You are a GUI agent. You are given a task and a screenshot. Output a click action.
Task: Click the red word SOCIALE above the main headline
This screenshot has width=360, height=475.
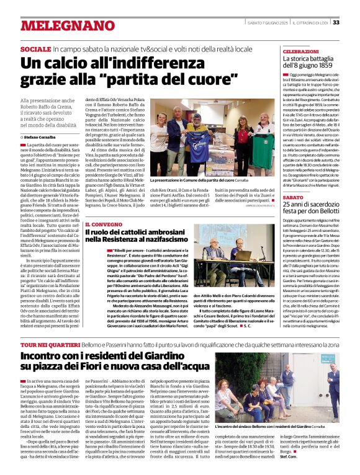(x=35, y=48)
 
